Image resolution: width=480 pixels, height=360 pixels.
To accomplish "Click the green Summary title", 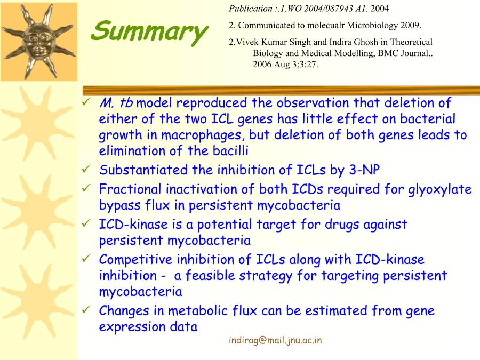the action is [149, 32].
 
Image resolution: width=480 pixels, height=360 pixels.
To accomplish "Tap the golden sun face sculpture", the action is [38, 41].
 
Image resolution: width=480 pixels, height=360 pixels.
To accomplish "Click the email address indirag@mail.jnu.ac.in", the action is [275, 340].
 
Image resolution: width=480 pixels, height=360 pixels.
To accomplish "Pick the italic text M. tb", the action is [116, 102].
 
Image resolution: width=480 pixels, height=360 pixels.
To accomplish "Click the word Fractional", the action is [130, 189].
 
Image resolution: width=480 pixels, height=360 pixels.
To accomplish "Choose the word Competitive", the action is [136, 260].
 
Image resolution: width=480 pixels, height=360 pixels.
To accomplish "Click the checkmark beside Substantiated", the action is [86, 169].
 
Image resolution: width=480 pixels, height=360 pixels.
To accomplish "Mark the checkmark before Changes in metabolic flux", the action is [86, 310].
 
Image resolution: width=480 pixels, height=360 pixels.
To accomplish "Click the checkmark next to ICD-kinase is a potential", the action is [86, 223].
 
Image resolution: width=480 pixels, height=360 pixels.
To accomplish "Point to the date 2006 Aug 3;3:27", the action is [285, 65].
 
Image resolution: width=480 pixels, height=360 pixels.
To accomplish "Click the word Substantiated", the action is [143, 170].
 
